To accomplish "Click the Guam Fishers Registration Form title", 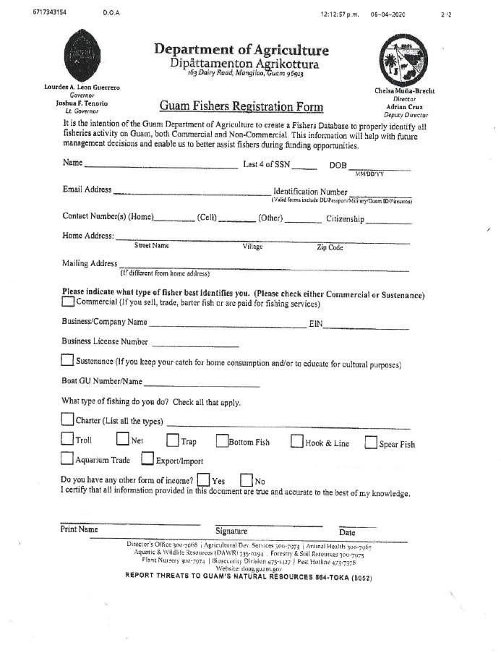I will [x=241, y=107].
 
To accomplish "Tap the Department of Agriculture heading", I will [x=241, y=50].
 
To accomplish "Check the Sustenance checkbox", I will [x=67, y=360].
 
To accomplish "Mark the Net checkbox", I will [x=123, y=440].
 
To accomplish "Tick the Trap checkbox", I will [x=173, y=440].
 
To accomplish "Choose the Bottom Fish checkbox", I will [x=221, y=440].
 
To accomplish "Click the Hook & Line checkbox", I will [x=296, y=441].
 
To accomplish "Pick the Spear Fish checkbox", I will [x=371, y=442].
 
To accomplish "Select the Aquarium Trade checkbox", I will [x=67, y=458].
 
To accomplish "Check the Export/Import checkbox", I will [x=147, y=458].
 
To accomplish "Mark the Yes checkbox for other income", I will [x=203, y=479].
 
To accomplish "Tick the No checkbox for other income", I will [x=246, y=479].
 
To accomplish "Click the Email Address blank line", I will [x=192, y=194].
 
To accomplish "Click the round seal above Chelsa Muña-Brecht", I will [x=400, y=59].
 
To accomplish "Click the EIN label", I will [x=315, y=324].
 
